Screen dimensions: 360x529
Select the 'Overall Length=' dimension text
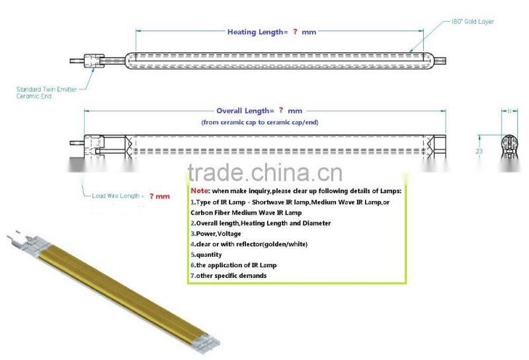tap(245, 111)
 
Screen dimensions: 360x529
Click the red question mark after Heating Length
tap(295, 32)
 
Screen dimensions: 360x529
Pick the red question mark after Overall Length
tap(280, 111)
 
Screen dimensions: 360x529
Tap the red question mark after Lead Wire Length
tap(151, 196)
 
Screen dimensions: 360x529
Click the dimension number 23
tap(478, 151)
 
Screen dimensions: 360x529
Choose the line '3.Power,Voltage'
tap(216, 234)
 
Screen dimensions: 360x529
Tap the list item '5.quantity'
tap(206, 255)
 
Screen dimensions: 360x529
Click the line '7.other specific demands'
tap(229, 275)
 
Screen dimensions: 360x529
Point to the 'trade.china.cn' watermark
tap(264, 173)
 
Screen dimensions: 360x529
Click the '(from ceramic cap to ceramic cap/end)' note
tap(258, 123)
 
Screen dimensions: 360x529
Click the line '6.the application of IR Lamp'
tap(233, 265)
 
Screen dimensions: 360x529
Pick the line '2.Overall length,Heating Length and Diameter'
tap(261, 223)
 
